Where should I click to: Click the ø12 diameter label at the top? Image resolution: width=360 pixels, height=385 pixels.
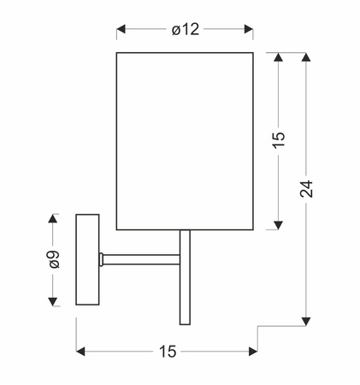pyautogui.click(x=185, y=29)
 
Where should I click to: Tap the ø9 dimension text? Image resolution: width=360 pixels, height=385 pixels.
pyautogui.click(x=54, y=260)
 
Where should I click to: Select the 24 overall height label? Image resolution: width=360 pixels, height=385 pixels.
pyautogui.click(x=307, y=189)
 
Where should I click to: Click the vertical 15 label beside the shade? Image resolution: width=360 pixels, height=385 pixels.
pyautogui.click(x=279, y=140)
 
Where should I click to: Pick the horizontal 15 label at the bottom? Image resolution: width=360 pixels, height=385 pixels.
pyautogui.click(x=167, y=351)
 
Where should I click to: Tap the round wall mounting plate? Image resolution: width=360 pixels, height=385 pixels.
pyautogui.click(x=87, y=258)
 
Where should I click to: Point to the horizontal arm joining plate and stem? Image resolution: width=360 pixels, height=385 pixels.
pyautogui.click(x=141, y=258)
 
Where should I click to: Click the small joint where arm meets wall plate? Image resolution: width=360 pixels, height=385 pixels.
pyautogui.click(x=102, y=258)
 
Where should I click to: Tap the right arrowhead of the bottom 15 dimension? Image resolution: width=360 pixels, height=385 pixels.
pyautogui.click(x=252, y=351)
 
